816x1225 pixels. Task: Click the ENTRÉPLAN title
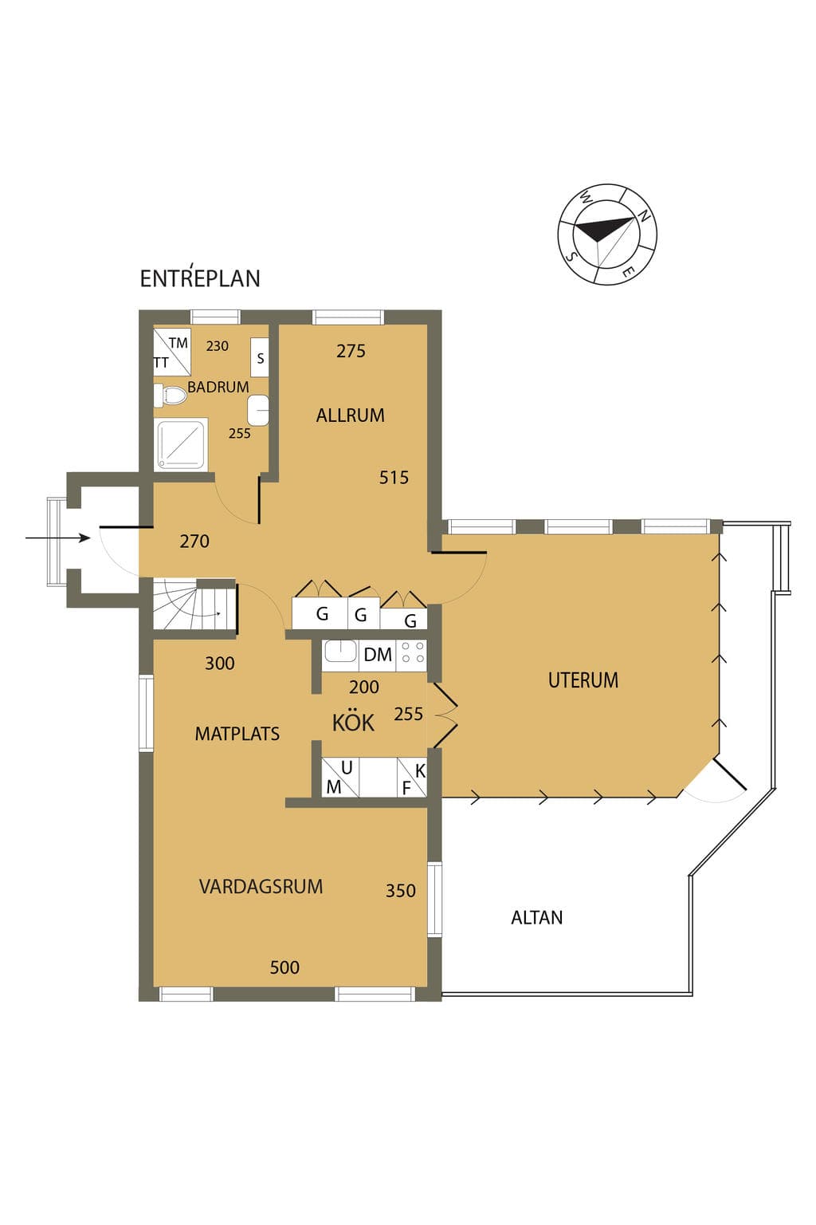point(200,278)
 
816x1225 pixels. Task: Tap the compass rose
point(607,234)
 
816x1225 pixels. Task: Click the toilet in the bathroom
point(170,396)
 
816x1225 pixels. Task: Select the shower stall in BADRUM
point(181,443)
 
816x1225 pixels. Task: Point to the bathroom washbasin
point(258,410)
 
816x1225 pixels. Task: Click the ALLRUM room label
point(350,416)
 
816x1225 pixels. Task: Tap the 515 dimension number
point(394,478)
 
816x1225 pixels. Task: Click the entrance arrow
point(58,538)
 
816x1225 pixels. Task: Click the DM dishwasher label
point(378,655)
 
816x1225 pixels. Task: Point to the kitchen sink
point(340,652)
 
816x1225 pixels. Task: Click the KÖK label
point(353,723)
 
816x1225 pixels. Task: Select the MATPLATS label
point(237,734)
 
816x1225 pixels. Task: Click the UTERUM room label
point(583,680)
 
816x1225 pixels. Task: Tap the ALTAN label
point(537,917)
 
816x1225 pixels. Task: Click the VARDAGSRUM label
point(261,887)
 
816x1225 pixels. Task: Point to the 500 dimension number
point(284,967)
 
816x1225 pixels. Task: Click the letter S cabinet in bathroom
point(260,357)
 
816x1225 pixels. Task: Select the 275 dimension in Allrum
point(351,351)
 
